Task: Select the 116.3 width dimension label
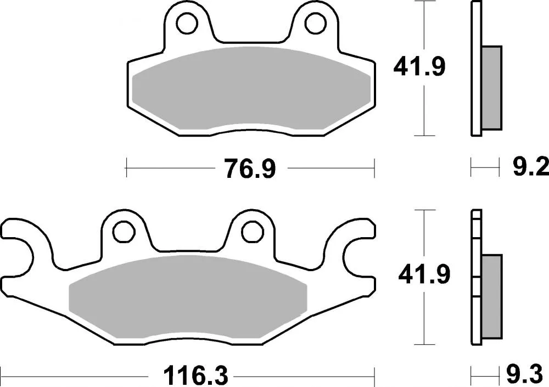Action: click(x=188, y=377)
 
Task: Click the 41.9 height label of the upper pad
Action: click(x=419, y=68)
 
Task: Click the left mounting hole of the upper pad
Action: click(x=188, y=23)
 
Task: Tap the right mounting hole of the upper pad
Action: click(x=315, y=23)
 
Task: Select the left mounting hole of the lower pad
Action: click(x=125, y=230)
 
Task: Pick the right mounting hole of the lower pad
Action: click(x=251, y=230)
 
